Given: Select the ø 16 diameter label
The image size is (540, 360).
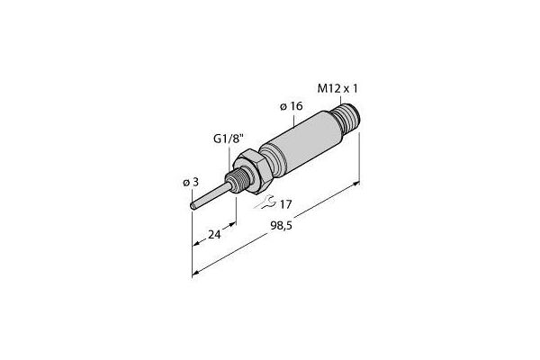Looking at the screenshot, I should pyautogui.click(x=290, y=106).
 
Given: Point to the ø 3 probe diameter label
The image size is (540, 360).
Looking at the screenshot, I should pyautogui.click(x=190, y=182).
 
